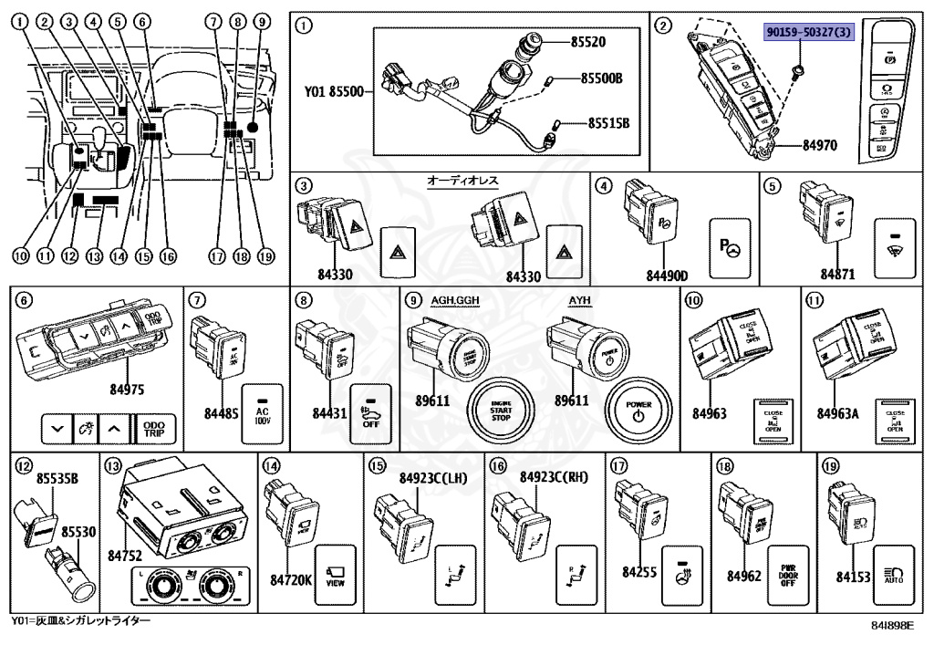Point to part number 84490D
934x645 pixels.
667,275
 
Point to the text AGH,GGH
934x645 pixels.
453,301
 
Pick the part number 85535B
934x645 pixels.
57,478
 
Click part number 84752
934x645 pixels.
127,555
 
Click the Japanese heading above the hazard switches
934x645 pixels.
463,182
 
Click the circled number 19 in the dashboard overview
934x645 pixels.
265,256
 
